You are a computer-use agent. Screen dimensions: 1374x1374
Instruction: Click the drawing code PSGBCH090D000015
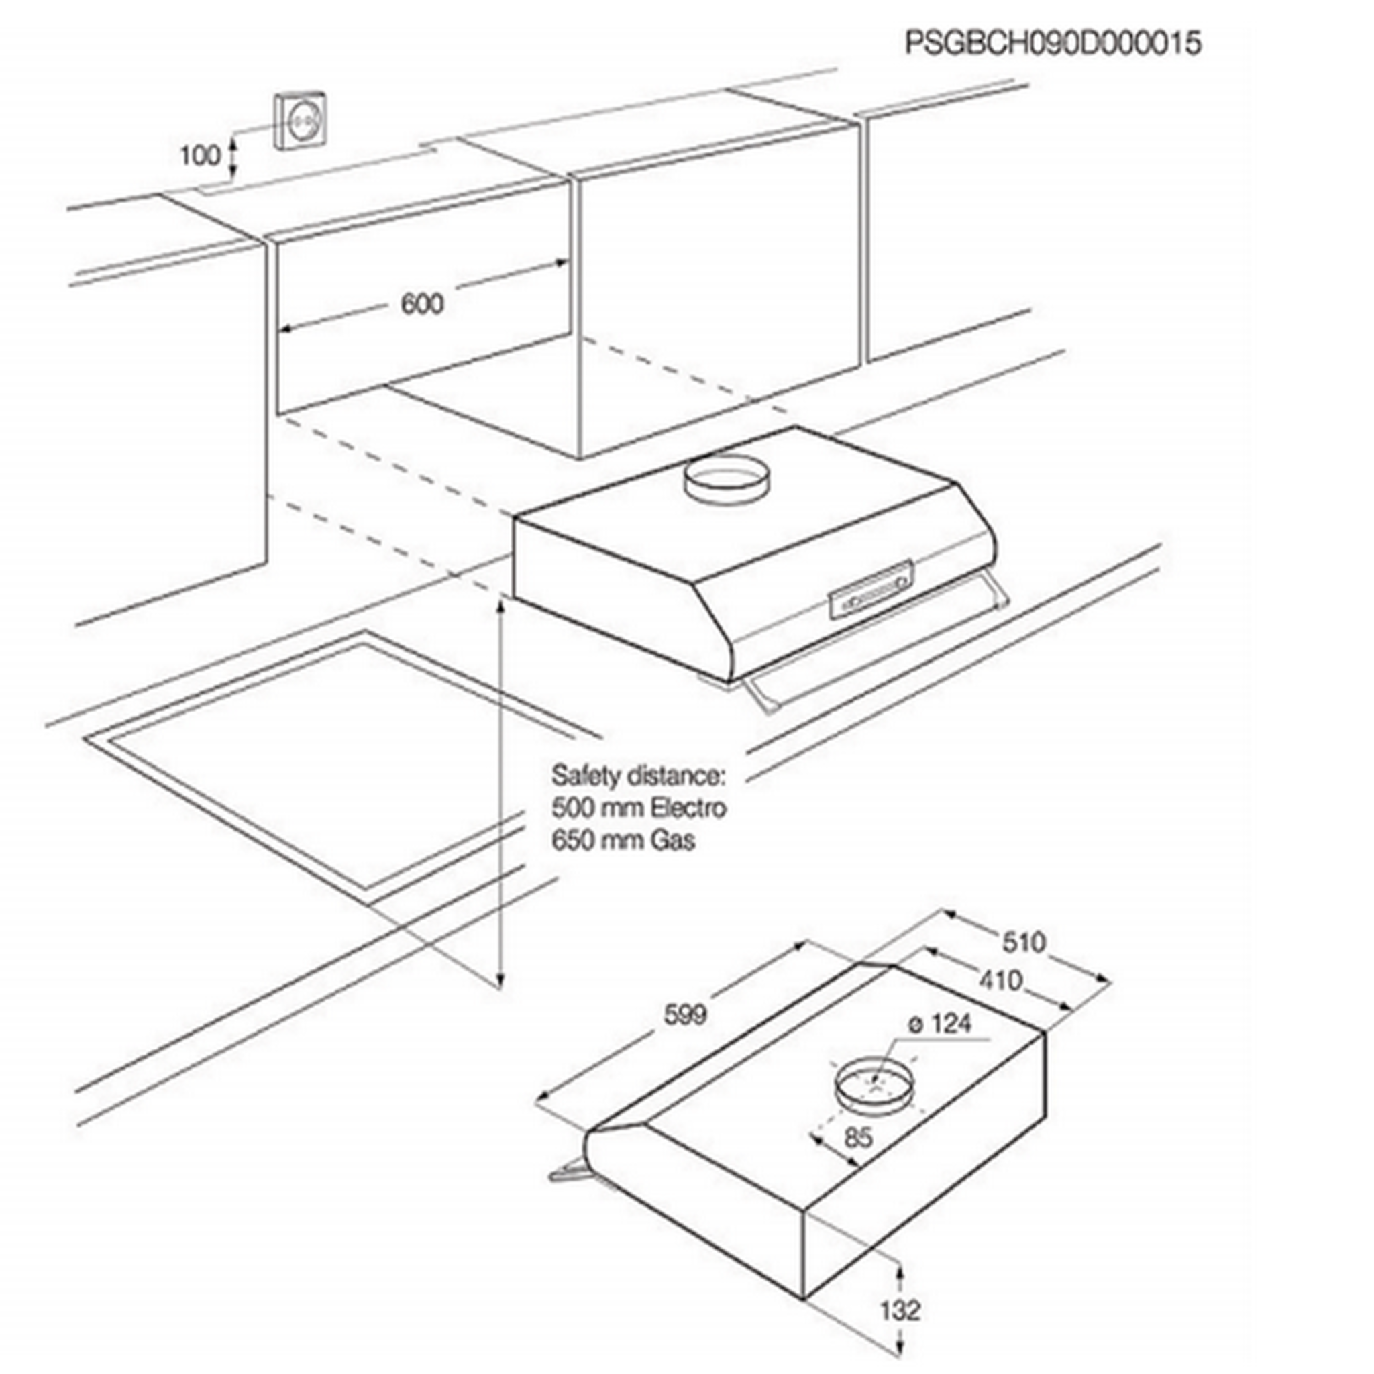coord(1053,43)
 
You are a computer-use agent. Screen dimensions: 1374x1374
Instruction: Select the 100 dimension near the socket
coord(200,155)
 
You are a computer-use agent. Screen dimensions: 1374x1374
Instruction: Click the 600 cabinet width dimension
coord(423,304)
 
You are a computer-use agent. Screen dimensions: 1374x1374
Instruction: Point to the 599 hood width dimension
coord(685,1014)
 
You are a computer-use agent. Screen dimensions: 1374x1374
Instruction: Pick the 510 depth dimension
coord(1024,943)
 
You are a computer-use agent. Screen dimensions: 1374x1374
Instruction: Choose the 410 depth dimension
coord(1000,981)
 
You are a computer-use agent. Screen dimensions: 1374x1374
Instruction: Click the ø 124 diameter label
coord(939,1024)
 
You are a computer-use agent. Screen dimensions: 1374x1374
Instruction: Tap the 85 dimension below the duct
coord(858,1137)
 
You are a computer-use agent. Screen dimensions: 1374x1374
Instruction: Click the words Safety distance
coord(638,775)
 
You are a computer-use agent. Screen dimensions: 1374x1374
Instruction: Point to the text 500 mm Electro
coord(639,808)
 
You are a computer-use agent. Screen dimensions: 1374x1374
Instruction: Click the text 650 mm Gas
coord(624,840)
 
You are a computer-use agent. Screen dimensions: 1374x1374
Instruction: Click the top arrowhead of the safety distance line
coord(502,604)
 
